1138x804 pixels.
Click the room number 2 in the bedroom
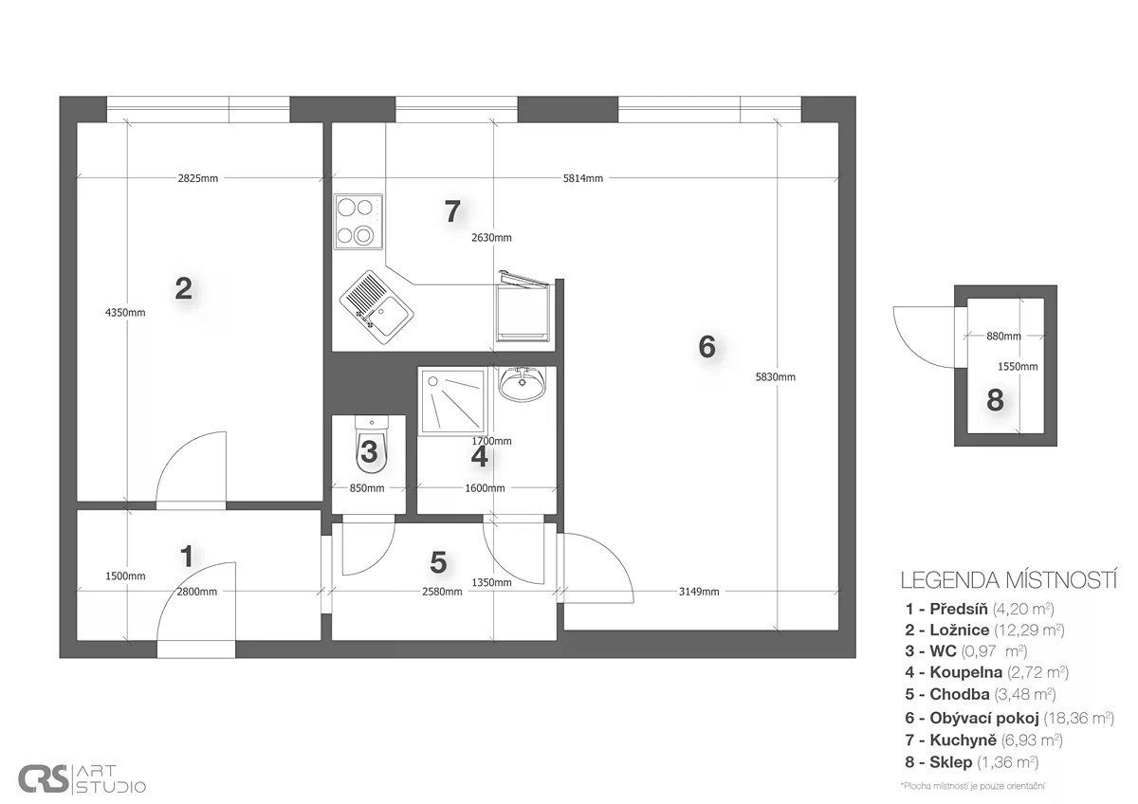click(x=183, y=288)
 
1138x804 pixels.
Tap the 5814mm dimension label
click(x=582, y=178)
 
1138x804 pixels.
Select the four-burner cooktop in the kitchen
click(x=358, y=222)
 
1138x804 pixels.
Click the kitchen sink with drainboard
click(x=376, y=307)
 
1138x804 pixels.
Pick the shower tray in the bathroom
click(x=452, y=402)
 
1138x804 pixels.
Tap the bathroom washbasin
click(x=523, y=383)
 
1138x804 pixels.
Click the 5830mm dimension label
click(x=776, y=376)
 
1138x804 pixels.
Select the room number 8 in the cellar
click(x=995, y=400)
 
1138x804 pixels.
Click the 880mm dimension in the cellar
click(x=1003, y=336)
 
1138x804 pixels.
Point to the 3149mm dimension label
click(x=699, y=592)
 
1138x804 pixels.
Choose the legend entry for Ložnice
click(x=984, y=630)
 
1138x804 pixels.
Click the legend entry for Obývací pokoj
click(x=1009, y=718)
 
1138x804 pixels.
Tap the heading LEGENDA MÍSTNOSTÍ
click(x=1008, y=580)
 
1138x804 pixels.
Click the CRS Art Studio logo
click(x=82, y=778)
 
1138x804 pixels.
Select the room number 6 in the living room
click(x=707, y=347)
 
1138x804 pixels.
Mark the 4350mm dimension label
click(x=125, y=312)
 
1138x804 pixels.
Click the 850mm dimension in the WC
click(x=367, y=488)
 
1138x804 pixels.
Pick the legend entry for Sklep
click(x=971, y=762)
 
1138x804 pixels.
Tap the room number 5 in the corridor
click(x=438, y=562)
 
